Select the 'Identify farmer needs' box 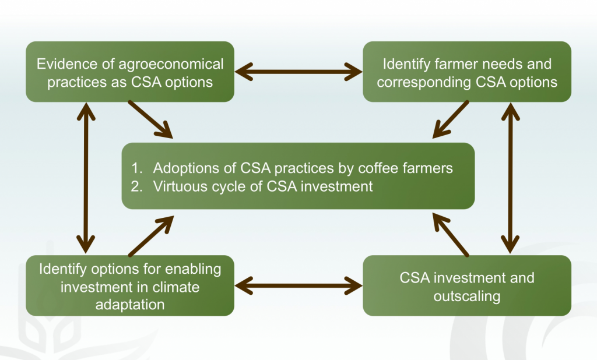tap(467, 72)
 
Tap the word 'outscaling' tap(467, 296)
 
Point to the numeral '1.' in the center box tap(136, 168)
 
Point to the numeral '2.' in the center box tap(136, 187)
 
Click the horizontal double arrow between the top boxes tap(298, 72)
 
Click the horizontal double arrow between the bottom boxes tap(298, 285)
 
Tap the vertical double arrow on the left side tap(86, 178)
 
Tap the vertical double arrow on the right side tap(511, 178)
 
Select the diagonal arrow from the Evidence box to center tap(150, 119)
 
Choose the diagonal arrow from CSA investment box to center tap(451, 235)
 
